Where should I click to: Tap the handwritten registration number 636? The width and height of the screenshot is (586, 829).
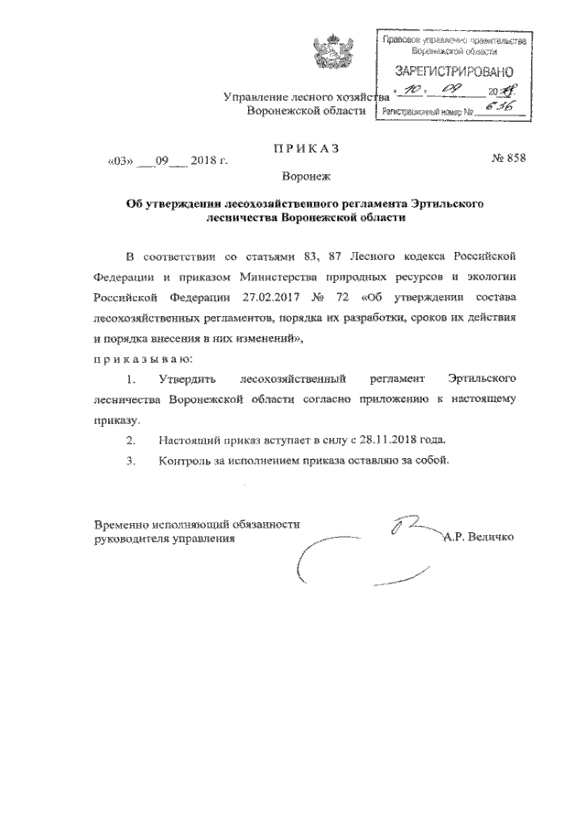point(499,109)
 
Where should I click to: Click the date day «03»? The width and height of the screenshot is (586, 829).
point(121,160)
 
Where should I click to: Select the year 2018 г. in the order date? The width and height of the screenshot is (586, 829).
point(209,160)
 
